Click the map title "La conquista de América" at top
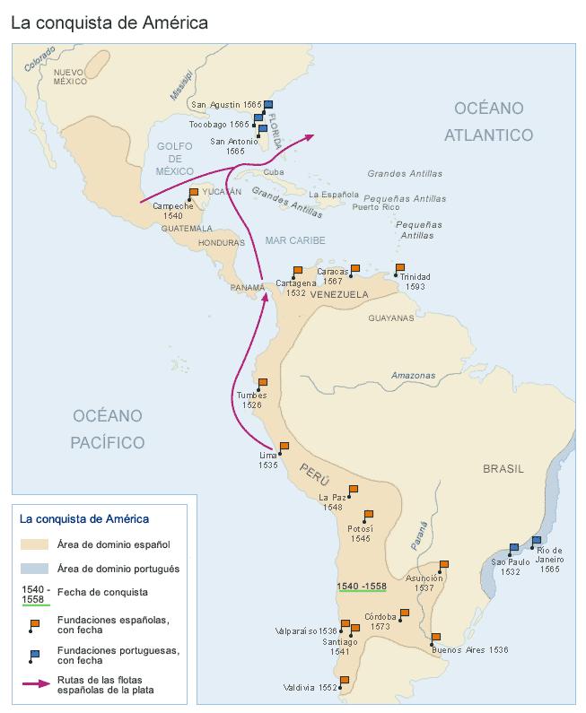tap(109, 22)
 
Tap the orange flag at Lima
tap(284, 446)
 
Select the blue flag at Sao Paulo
tap(514, 548)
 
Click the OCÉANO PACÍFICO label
tap(109, 428)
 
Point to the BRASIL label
tap(503, 469)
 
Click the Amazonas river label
tap(413, 375)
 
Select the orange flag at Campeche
tap(193, 192)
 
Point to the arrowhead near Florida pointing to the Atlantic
tap(309, 136)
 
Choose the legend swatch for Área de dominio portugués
tap(35, 569)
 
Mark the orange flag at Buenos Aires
tap(435, 638)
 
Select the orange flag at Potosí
tap(368, 515)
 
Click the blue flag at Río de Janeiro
tap(537, 541)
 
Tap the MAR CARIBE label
tap(295, 240)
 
